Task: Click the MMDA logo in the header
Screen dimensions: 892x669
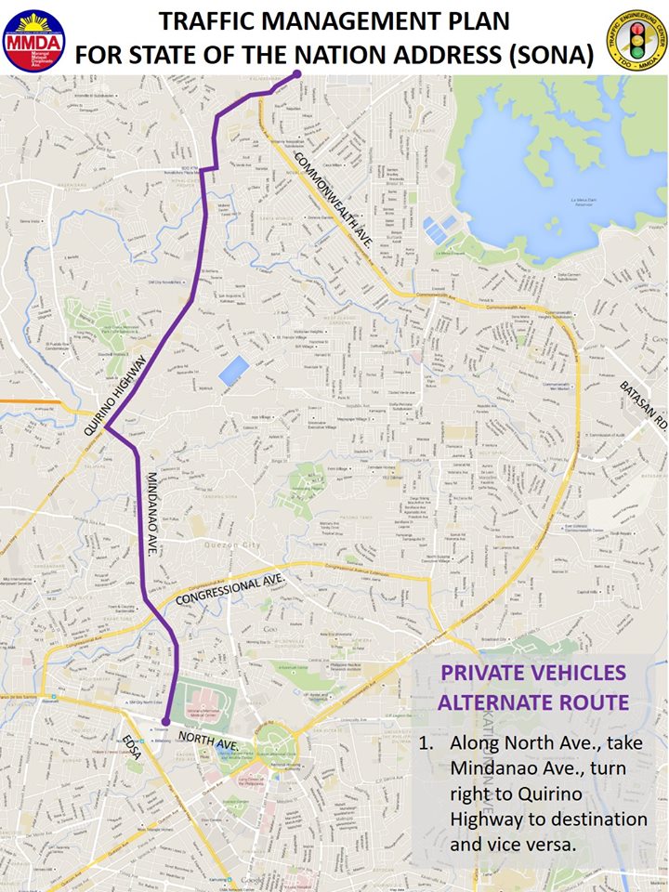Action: pyautogui.click(x=33, y=38)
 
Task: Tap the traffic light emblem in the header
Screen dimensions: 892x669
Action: pyautogui.click(x=635, y=38)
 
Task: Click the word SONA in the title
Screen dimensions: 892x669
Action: pyautogui.click(x=546, y=55)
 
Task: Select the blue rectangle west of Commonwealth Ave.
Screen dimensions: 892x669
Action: pyautogui.click(x=233, y=370)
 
